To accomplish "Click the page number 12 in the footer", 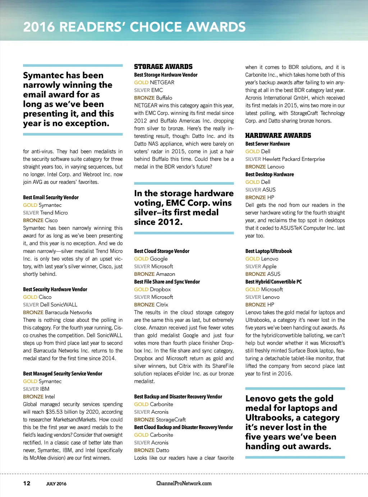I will click(27, 483).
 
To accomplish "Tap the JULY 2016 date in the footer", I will click(56, 484).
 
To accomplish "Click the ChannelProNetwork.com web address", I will click(184, 483).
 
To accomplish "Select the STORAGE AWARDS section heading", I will click(163, 67).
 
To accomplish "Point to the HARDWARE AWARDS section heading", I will click(278, 135).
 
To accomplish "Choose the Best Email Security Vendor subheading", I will click(51, 197).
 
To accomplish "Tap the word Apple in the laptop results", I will click(270, 266).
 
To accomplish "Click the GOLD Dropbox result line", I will click(152, 289).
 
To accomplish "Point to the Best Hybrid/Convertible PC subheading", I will click(273, 282).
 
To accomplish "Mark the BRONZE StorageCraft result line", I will click(160, 419).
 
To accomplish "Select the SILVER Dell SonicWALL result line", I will click(50, 305).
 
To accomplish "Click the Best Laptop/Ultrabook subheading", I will click(268, 251).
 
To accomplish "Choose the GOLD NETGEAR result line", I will click(154, 82).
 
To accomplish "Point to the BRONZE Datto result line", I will click(152, 450).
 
